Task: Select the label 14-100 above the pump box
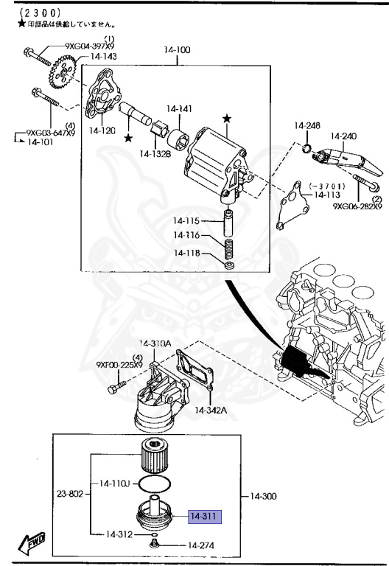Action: [x=177, y=50]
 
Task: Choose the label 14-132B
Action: [x=156, y=153]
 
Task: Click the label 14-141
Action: [x=179, y=109]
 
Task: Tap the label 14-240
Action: [x=343, y=136]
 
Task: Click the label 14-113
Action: [x=327, y=195]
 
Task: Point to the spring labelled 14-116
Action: [x=228, y=242]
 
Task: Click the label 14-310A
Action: [x=155, y=344]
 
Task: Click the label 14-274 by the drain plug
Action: [x=200, y=545]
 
